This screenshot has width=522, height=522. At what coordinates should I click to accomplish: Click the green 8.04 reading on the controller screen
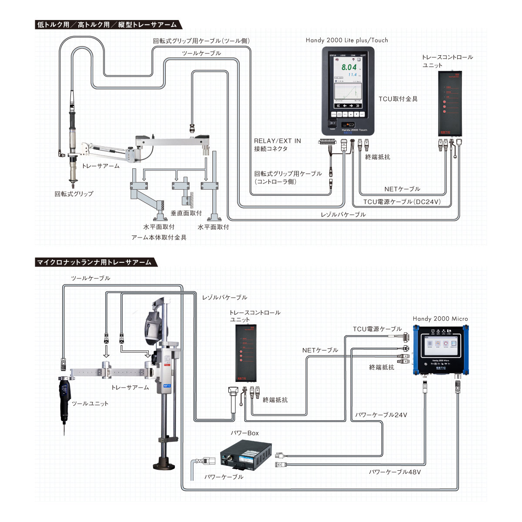(x=348, y=67)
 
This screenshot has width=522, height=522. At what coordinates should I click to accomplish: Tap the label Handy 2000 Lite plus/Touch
(x=347, y=40)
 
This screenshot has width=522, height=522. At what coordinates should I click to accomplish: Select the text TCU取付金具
(x=398, y=99)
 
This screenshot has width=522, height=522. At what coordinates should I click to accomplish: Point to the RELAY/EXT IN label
(x=277, y=141)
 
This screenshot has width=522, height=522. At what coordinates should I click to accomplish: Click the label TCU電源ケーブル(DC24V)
(x=402, y=202)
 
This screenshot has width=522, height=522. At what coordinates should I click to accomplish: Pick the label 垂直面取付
(x=186, y=213)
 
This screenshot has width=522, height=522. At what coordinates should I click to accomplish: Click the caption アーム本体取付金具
(x=159, y=238)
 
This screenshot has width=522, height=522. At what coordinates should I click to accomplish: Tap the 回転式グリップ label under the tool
(x=74, y=194)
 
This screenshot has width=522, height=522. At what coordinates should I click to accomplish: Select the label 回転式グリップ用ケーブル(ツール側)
(x=201, y=41)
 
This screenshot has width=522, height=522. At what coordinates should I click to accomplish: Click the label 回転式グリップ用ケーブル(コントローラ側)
(x=288, y=177)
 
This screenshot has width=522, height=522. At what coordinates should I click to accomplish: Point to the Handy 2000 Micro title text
(x=440, y=319)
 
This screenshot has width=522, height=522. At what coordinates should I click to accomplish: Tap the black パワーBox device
(x=246, y=456)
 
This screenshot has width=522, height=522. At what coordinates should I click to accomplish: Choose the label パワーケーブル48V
(x=395, y=472)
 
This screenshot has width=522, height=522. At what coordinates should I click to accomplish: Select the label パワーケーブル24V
(x=381, y=415)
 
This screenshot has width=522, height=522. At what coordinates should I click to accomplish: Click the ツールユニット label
(x=90, y=403)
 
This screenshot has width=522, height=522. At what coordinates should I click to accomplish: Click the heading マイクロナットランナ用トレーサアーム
(x=94, y=262)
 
